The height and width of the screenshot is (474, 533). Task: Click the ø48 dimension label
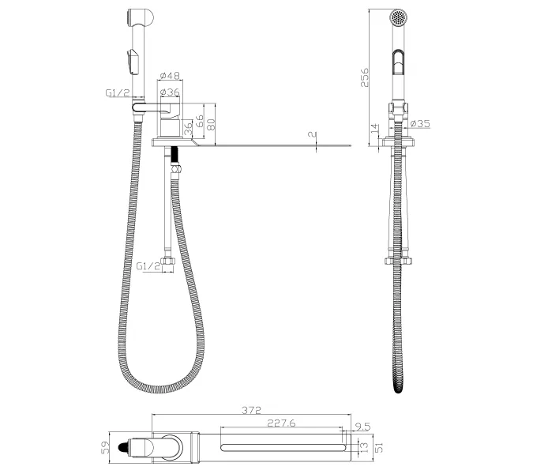click(170, 75)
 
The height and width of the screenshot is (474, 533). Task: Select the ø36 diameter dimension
click(170, 92)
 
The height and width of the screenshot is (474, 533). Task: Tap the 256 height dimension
click(364, 77)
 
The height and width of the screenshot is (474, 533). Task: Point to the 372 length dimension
click(252, 410)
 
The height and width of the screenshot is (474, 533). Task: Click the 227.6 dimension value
click(281, 423)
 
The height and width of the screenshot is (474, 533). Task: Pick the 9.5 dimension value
click(362, 427)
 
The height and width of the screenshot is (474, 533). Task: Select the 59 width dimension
click(106, 447)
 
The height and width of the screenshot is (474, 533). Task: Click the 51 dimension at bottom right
click(379, 447)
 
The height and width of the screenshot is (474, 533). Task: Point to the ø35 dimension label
click(420, 123)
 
